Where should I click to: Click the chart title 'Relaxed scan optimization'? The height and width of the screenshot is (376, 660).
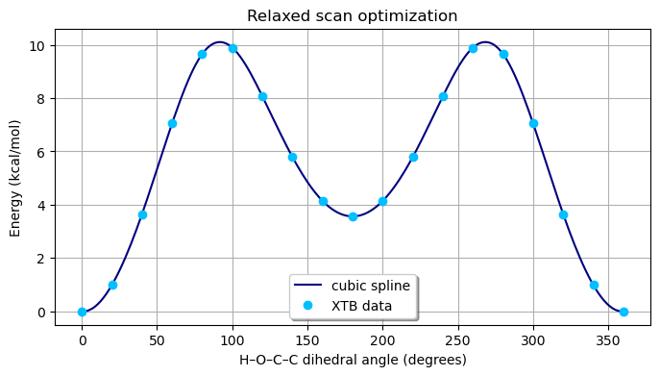(x=352, y=15)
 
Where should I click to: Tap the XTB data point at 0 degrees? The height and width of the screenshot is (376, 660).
(x=82, y=312)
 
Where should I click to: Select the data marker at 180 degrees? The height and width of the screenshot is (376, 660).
(x=353, y=216)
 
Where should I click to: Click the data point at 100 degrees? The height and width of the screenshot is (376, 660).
(x=232, y=48)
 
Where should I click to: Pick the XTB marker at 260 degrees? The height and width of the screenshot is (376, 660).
(x=473, y=48)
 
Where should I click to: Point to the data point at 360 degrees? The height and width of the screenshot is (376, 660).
(x=623, y=312)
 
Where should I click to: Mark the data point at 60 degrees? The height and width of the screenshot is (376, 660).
(x=172, y=123)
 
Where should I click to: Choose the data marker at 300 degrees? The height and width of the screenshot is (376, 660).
(x=533, y=123)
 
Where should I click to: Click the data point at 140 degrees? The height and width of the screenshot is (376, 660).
(x=292, y=157)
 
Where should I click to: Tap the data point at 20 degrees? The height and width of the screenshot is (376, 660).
(x=112, y=285)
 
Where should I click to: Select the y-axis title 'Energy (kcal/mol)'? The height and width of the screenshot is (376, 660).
(x=16, y=178)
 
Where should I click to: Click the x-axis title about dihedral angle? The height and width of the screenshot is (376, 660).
(x=352, y=360)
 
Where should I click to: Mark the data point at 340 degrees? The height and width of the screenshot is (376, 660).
(x=594, y=285)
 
